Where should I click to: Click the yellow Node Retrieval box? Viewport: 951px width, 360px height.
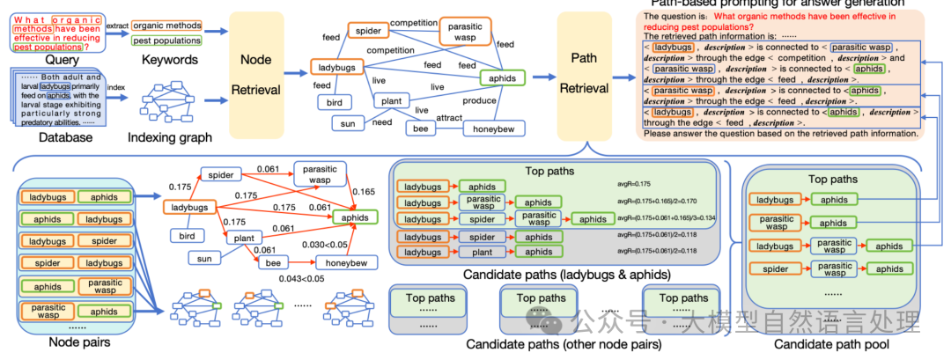(255, 74)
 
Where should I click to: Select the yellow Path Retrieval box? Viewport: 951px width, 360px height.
(585, 74)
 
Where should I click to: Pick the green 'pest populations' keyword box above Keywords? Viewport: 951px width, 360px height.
(166, 40)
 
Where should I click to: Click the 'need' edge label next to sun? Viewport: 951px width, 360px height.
(382, 123)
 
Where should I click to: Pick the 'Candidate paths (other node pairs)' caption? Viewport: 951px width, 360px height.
(553, 343)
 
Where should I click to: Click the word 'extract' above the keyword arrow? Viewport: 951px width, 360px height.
(116, 26)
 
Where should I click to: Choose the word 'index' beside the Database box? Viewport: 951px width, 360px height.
(116, 87)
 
